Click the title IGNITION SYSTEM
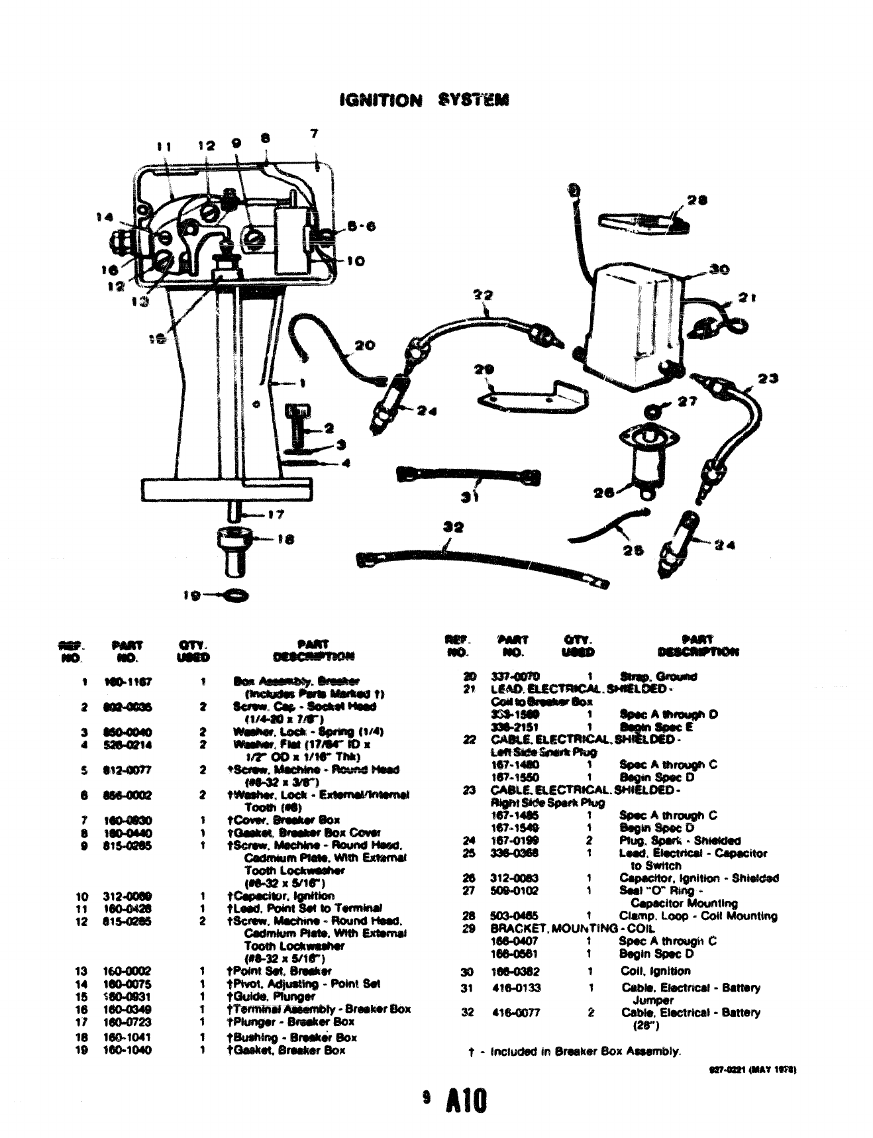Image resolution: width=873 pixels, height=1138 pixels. pyautogui.click(x=423, y=101)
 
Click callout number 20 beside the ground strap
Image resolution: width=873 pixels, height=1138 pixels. pyautogui.click(x=364, y=345)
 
